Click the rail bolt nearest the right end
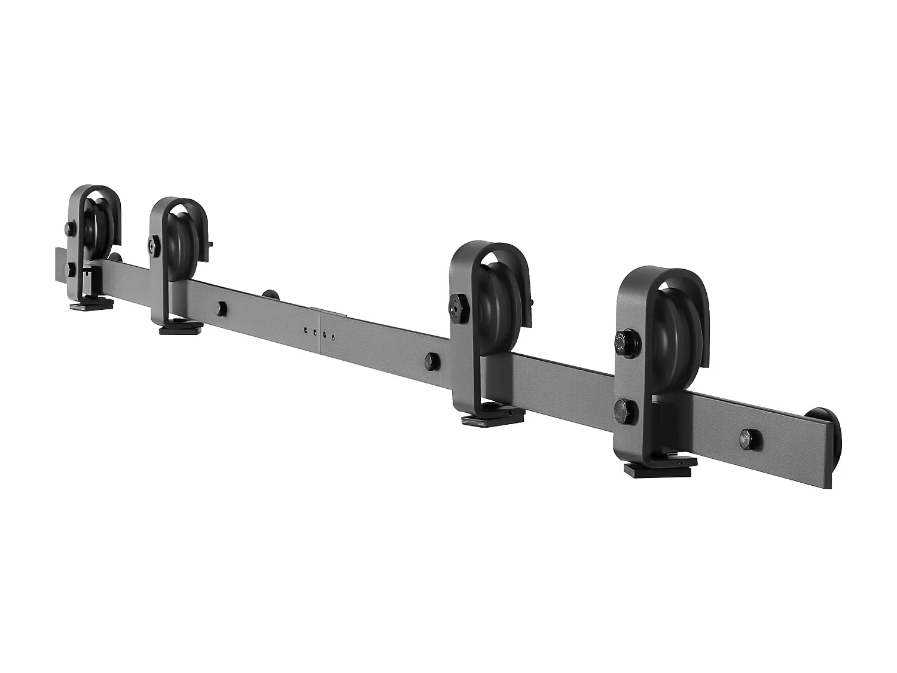pos(748,438)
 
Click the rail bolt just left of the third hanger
pos(429,361)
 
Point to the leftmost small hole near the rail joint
pos(306,329)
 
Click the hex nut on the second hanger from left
pos(153,244)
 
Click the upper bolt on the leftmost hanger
pos(70,227)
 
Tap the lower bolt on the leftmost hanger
pos(71,269)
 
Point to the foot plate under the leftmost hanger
pos(90,306)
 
